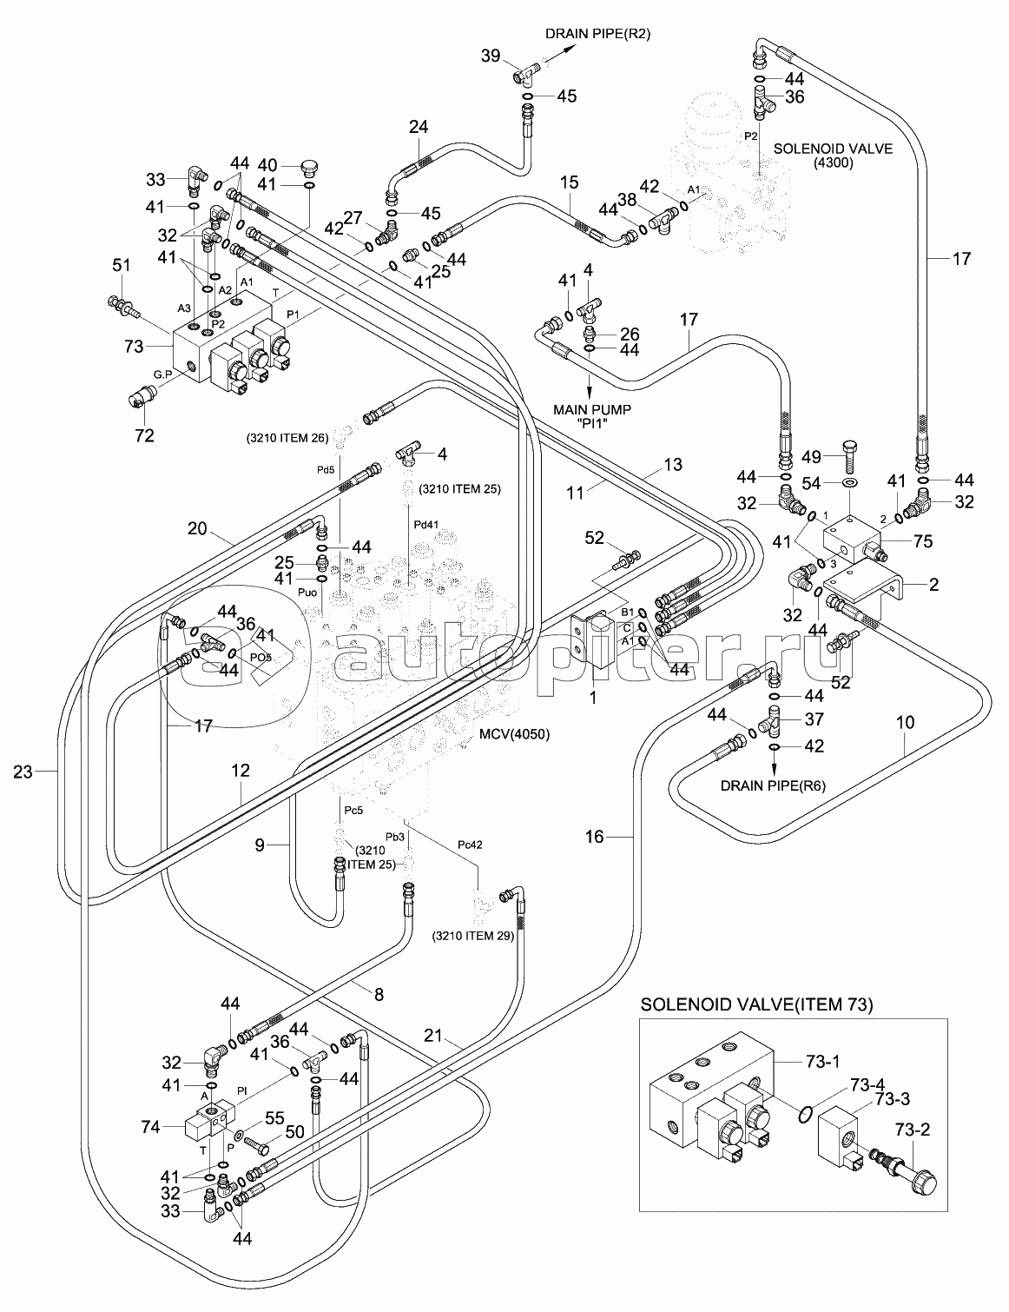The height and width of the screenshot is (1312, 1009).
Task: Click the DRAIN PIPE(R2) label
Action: tap(597, 35)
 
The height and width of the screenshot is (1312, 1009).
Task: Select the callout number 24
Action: tap(419, 127)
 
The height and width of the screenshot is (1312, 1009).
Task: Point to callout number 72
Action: tap(143, 435)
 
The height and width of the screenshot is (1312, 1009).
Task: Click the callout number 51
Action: tap(120, 266)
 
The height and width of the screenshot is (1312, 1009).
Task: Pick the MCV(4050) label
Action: tap(514, 734)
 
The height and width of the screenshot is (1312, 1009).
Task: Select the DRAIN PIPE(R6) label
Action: tap(771, 785)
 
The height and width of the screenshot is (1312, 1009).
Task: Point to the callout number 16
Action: tap(593, 836)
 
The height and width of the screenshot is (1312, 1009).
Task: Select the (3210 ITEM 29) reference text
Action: tap(472, 937)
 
